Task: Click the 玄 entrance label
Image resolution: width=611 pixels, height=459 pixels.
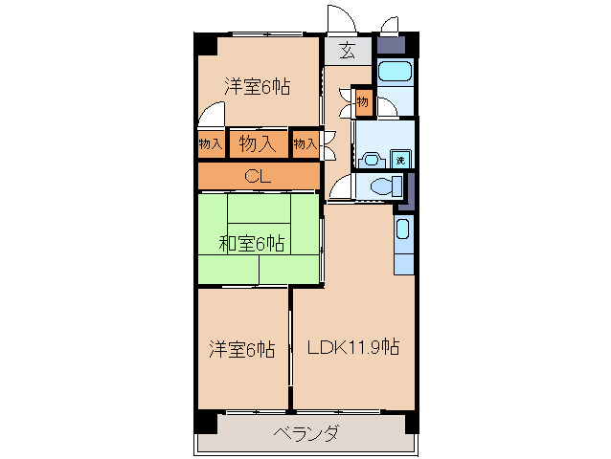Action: pyautogui.click(x=346, y=52)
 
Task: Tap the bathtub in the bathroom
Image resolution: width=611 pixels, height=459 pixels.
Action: pyautogui.click(x=394, y=72)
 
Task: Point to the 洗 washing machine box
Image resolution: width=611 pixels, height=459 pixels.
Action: pyautogui.click(x=402, y=158)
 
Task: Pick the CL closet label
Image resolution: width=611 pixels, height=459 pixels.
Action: pyautogui.click(x=257, y=176)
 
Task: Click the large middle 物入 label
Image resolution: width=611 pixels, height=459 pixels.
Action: pyautogui.click(x=258, y=143)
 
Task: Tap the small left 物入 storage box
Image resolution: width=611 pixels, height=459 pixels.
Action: pyautogui.click(x=211, y=144)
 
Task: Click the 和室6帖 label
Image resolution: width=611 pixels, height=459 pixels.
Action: pyautogui.click(x=251, y=244)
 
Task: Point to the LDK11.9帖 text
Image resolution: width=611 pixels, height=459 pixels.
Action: pyautogui.click(x=353, y=348)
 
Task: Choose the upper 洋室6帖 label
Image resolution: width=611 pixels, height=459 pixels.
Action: pyautogui.click(x=258, y=86)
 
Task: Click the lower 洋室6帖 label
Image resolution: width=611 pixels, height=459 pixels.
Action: pyautogui.click(x=242, y=350)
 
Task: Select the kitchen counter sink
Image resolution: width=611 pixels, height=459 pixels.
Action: pyautogui.click(x=403, y=230)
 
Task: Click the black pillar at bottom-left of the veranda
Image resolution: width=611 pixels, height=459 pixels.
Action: pyautogui.click(x=205, y=421)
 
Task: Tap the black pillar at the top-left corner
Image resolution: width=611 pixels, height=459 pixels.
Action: pyautogui.click(x=206, y=44)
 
